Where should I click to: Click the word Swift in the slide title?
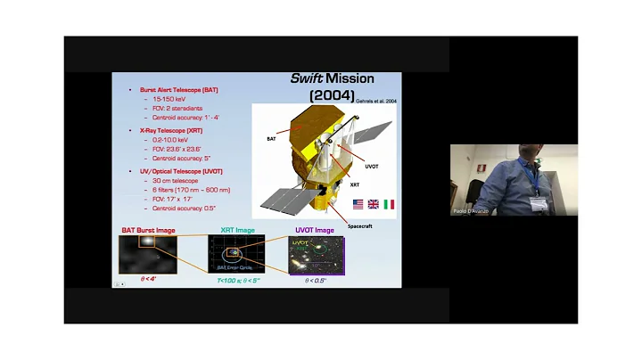click(309, 78)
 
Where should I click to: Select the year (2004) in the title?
click(332, 94)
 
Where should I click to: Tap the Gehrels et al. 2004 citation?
click(377, 102)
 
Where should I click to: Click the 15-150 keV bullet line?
click(166, 100)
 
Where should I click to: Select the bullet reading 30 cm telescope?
click(172, 180)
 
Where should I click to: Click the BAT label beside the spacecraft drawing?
click(271, 139)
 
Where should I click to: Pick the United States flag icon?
click(358, 204)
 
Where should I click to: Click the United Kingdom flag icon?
click(374, 204)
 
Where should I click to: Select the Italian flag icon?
click(389, 204)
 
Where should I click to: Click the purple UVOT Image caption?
click(314, 230)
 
